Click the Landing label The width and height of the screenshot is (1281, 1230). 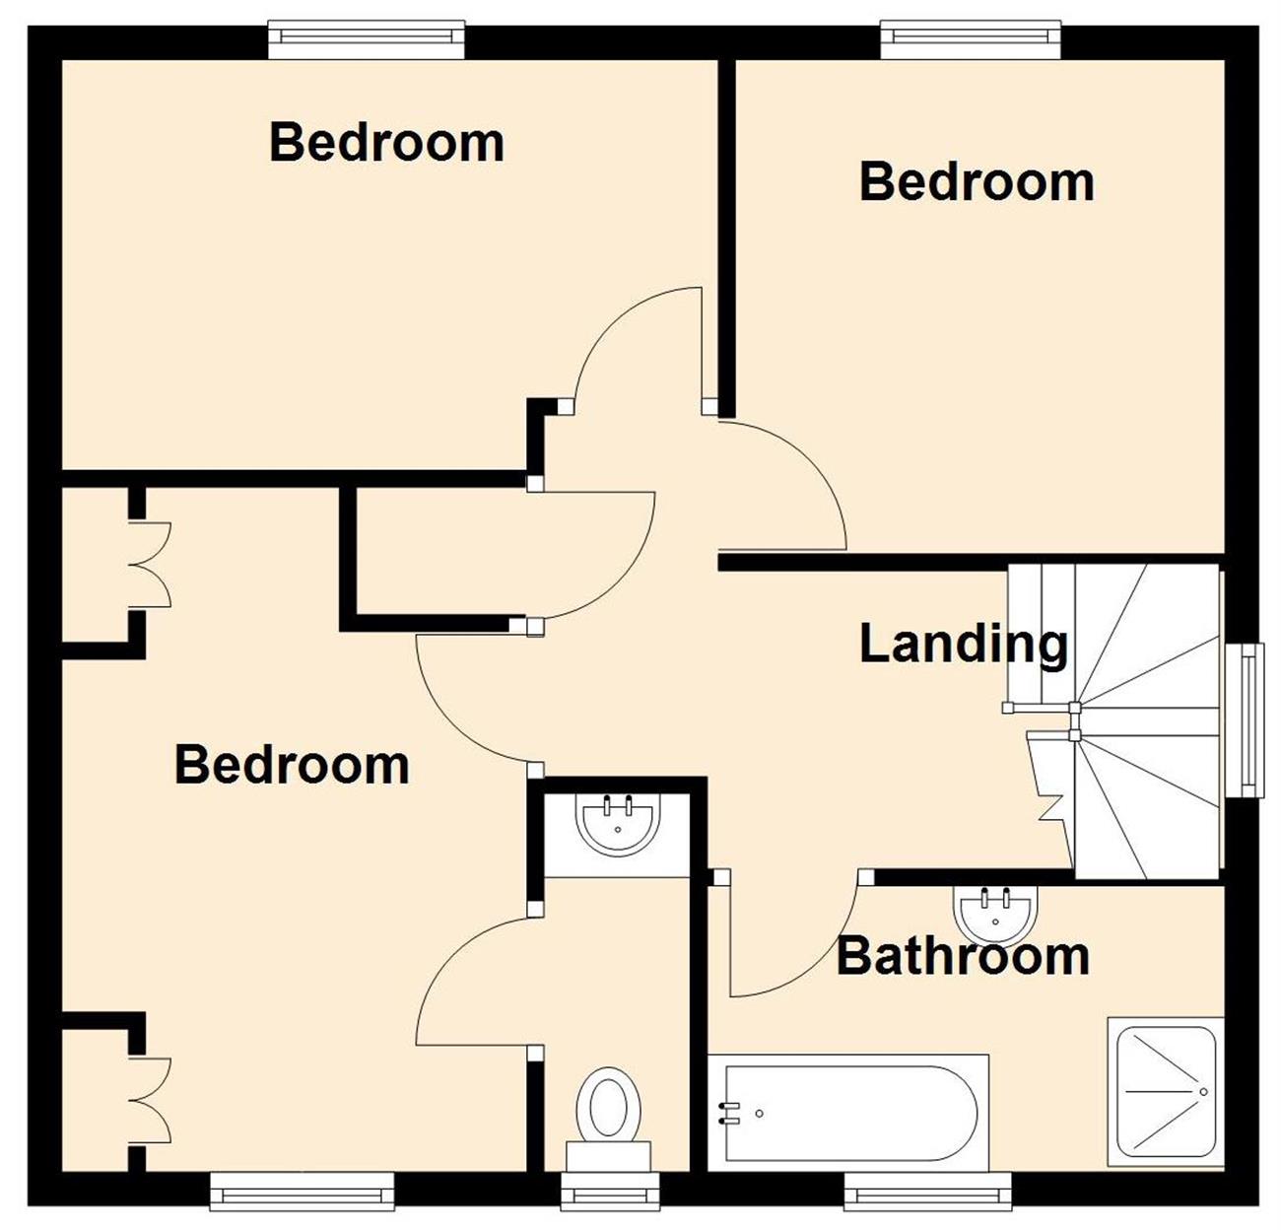pos(963,646)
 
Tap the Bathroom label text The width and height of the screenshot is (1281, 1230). pos(963,957)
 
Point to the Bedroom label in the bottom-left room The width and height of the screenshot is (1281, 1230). pos(292,765)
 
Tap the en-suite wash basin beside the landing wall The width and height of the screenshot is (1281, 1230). pos(618,825)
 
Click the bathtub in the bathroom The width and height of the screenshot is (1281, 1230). pos(847,1112)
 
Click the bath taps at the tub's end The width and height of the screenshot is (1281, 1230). pos(730,1112)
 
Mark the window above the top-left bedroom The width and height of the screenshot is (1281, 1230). pos(367,39)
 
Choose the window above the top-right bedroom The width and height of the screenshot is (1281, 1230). pos(971,39)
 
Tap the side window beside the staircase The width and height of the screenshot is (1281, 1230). pos(1245,720)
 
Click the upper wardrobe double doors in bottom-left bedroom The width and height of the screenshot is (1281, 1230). pos(150,565)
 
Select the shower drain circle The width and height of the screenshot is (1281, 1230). pos(1203,1092)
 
